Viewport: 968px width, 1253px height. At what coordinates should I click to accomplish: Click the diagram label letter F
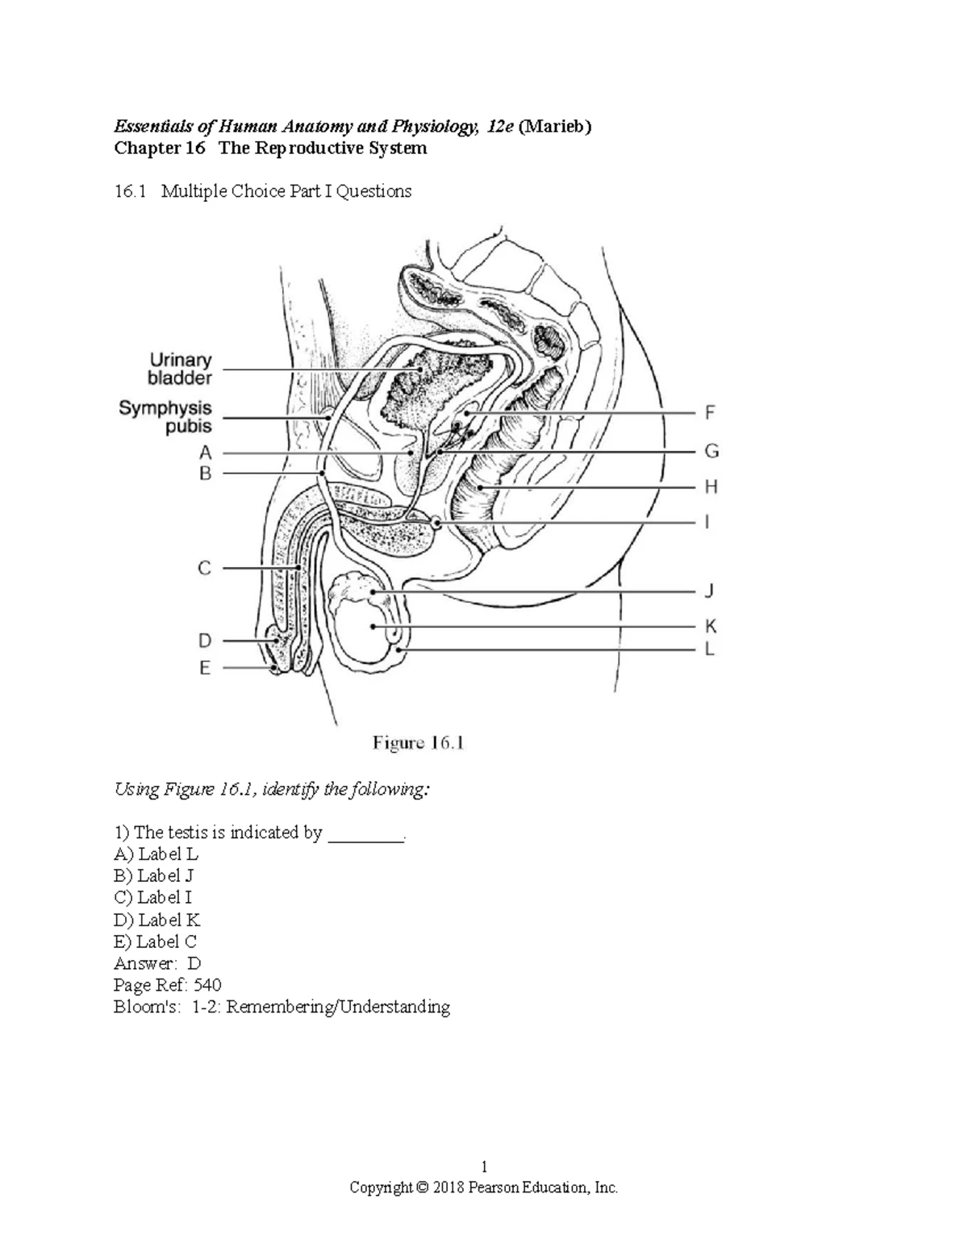tap(710, 413)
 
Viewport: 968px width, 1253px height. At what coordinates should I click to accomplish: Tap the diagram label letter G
tap(711, 451)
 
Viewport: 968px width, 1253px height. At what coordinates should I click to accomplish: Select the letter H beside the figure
tap(711, 487)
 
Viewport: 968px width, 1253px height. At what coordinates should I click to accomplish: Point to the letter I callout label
tap(707, 523)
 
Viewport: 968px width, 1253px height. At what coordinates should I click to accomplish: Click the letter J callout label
tap(709, 591)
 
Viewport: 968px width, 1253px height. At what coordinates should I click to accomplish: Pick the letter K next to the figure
tap(711, 627)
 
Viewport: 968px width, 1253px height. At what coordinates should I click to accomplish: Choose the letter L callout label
tap(710, 649)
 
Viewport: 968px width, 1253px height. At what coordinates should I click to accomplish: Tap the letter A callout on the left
tap(205, 452)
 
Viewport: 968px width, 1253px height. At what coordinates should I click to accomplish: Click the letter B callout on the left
tap(205, 474)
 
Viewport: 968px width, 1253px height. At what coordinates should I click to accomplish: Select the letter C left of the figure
tap(205, 568)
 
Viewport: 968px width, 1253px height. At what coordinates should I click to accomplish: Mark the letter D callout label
tap(205, 641)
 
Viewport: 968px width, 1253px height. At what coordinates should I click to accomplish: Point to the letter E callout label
tap(205, 668)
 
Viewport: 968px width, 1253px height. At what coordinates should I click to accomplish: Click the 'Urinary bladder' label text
tap(180, 369)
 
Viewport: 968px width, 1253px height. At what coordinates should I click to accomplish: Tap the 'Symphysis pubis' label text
tap(165, 417)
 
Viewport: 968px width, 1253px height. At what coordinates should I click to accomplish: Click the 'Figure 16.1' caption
tap(418, 743)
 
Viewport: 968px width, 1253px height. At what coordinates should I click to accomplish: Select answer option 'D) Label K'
tap(157, 920)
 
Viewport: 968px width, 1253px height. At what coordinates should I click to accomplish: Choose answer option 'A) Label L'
tap(156, 854)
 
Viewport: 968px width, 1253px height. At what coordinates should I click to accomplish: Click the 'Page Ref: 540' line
tap(168, 985)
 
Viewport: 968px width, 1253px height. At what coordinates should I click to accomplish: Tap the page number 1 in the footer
tap(483, 1166)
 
